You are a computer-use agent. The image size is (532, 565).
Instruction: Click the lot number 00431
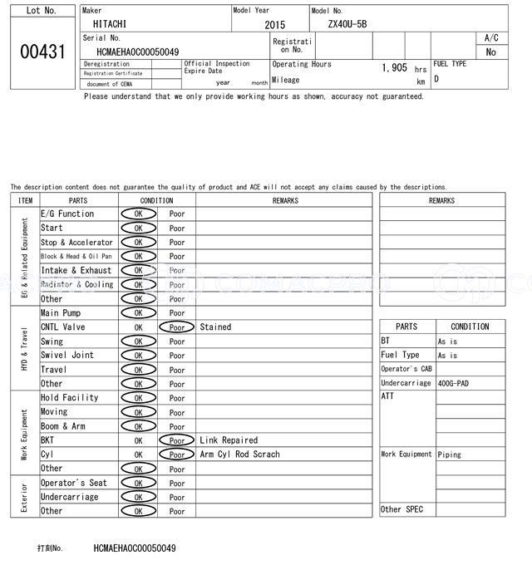(42, 52)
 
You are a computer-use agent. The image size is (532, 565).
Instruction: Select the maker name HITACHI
(110, 25)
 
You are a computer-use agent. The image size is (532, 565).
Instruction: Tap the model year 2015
(274, 26)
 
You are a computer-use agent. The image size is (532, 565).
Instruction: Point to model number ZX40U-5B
(358, 25)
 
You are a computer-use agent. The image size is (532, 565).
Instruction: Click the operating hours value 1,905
(394, 68)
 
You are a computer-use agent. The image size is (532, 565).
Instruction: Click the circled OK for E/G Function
(138, 214)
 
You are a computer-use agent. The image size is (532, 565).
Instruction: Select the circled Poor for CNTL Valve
(177, 327)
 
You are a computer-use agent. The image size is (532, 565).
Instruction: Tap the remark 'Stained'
(215, 327)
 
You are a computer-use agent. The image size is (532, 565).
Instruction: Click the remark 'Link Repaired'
(229, 440)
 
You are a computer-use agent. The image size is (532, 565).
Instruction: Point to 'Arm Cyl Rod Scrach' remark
(239, 454)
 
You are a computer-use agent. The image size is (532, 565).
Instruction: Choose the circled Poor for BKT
(177, 440)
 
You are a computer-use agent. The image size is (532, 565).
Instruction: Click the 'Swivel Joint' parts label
(67, 356)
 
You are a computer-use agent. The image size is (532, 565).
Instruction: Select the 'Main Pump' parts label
(61, 313)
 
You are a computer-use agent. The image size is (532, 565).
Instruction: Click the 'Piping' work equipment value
(449, 454)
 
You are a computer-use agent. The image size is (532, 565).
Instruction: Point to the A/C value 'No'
(490, 52)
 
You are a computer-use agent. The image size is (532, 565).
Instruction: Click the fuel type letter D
(436, 80)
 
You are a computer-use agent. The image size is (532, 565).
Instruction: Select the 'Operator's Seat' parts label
(74, 483)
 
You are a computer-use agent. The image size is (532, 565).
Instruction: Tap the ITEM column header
(25, 200)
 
